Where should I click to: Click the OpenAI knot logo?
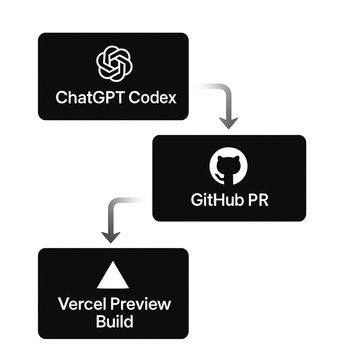pos(114,63)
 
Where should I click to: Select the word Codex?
pos(152,97)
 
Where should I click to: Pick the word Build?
pos(114,321)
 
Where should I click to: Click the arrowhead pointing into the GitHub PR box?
pos(228,123)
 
